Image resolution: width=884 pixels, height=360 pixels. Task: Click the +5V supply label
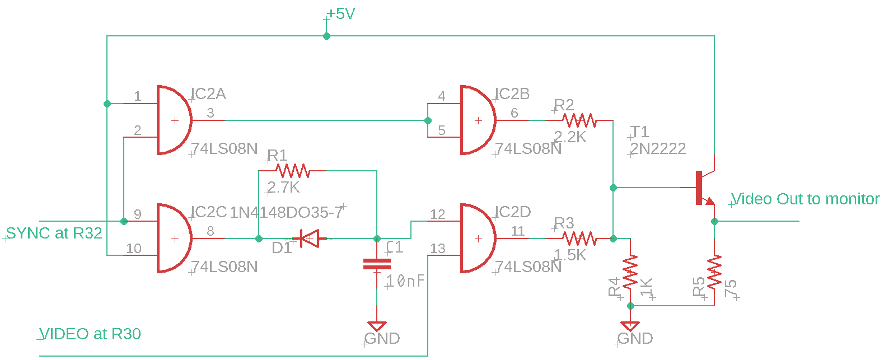point(341,14)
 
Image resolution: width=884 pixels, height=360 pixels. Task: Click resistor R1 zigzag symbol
point(293,170)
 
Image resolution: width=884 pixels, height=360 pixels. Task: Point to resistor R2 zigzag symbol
point(579,120)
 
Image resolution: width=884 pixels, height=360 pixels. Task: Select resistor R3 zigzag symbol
point(579,239)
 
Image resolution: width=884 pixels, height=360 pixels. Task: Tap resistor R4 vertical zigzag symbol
point(630,272)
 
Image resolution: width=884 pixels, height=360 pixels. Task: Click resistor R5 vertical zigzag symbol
point(714,272)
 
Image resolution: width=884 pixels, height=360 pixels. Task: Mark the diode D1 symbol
point(309,239)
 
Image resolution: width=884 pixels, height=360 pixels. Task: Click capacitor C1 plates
point(377,264)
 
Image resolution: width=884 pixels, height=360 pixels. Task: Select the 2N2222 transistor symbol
point(703,188)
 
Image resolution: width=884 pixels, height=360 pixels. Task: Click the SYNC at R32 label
point(54,233)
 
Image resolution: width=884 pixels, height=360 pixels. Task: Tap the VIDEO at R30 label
point(90,334)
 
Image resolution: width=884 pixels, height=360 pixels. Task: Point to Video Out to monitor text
point(805,199)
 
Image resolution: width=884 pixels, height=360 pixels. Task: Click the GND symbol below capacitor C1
point(377,326)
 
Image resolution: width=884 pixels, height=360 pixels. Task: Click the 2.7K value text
point(284,188)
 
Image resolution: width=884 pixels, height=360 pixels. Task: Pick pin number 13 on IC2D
point(438,249)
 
